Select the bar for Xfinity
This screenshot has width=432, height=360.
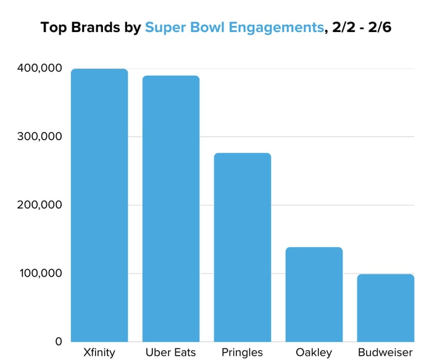99,205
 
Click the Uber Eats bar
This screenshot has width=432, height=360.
171,209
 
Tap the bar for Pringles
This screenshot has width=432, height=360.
243,247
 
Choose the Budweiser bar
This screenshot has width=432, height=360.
386,308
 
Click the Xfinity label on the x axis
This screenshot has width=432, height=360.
99,353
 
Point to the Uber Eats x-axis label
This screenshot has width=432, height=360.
171,353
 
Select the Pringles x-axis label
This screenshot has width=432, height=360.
243,353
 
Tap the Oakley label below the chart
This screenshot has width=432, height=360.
314,353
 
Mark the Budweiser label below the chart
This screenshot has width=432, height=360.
386,353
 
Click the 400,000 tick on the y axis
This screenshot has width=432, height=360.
38,68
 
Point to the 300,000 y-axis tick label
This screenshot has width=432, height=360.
38,136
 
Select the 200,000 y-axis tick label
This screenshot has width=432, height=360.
38,205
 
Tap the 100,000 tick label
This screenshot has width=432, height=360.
38,273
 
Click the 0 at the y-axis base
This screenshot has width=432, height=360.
59,341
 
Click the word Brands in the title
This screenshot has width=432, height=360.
96,27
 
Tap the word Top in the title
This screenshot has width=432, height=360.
53,28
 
